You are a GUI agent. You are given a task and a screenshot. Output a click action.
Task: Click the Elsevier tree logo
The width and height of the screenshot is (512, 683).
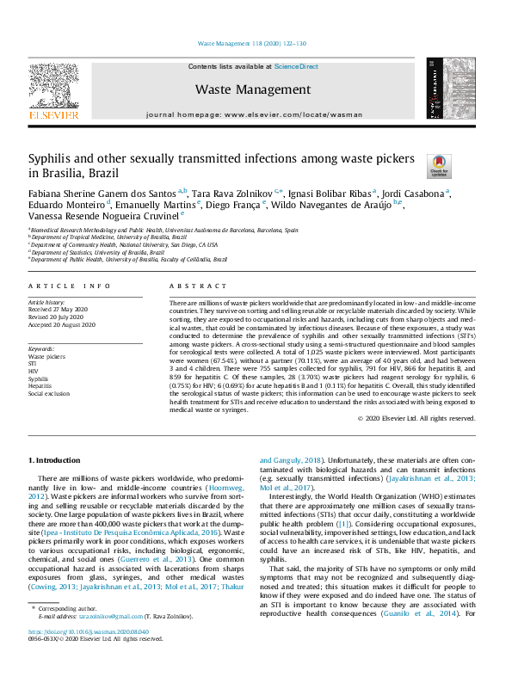(54, 86)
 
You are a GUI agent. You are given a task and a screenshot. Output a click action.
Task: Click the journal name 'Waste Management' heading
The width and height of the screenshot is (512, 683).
(253, 89)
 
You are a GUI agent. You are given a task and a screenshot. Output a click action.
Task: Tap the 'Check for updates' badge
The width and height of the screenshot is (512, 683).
(439, 163)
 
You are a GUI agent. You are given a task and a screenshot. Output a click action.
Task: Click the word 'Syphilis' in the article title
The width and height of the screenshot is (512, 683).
(53, 159)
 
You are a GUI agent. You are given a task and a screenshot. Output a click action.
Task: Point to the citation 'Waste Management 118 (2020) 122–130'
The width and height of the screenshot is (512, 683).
(253, 42)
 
